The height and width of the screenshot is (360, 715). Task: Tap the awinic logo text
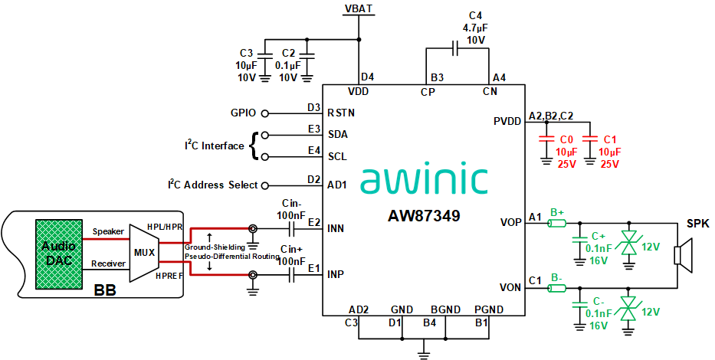424,178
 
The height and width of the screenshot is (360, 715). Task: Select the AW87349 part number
424,216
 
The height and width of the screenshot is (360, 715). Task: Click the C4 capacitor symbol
457,49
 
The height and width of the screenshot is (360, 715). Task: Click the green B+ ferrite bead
557,224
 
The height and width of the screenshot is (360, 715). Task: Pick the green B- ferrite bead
557,288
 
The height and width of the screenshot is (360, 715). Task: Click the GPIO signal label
243,113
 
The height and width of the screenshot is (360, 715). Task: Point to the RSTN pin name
342,113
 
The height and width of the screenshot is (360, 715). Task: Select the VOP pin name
511,224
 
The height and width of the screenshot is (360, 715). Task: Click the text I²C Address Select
213,185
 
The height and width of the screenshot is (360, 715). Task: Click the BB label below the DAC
104,291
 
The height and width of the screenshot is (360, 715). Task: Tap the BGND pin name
446,309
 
